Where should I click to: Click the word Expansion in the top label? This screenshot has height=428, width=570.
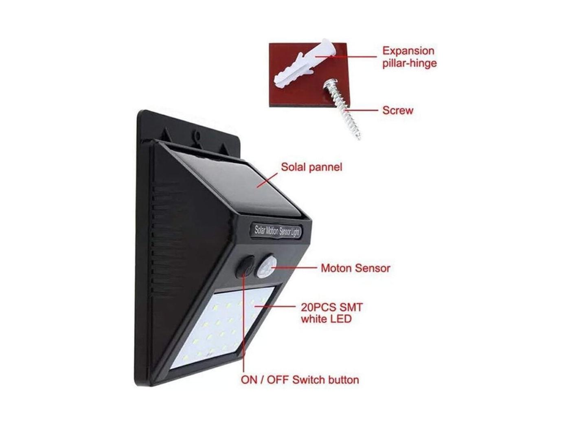click(x=408, y=51)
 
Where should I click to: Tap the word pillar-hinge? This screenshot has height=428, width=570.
click(x=409, y=64)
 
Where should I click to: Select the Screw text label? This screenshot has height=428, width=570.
click(x=397, y=110)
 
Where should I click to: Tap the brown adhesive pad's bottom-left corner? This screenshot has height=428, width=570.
click(x=269, y=106)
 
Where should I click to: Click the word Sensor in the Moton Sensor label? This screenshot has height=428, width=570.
click(x=373, y=269)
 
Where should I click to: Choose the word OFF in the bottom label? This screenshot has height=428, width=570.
click(x=278, y=380)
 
